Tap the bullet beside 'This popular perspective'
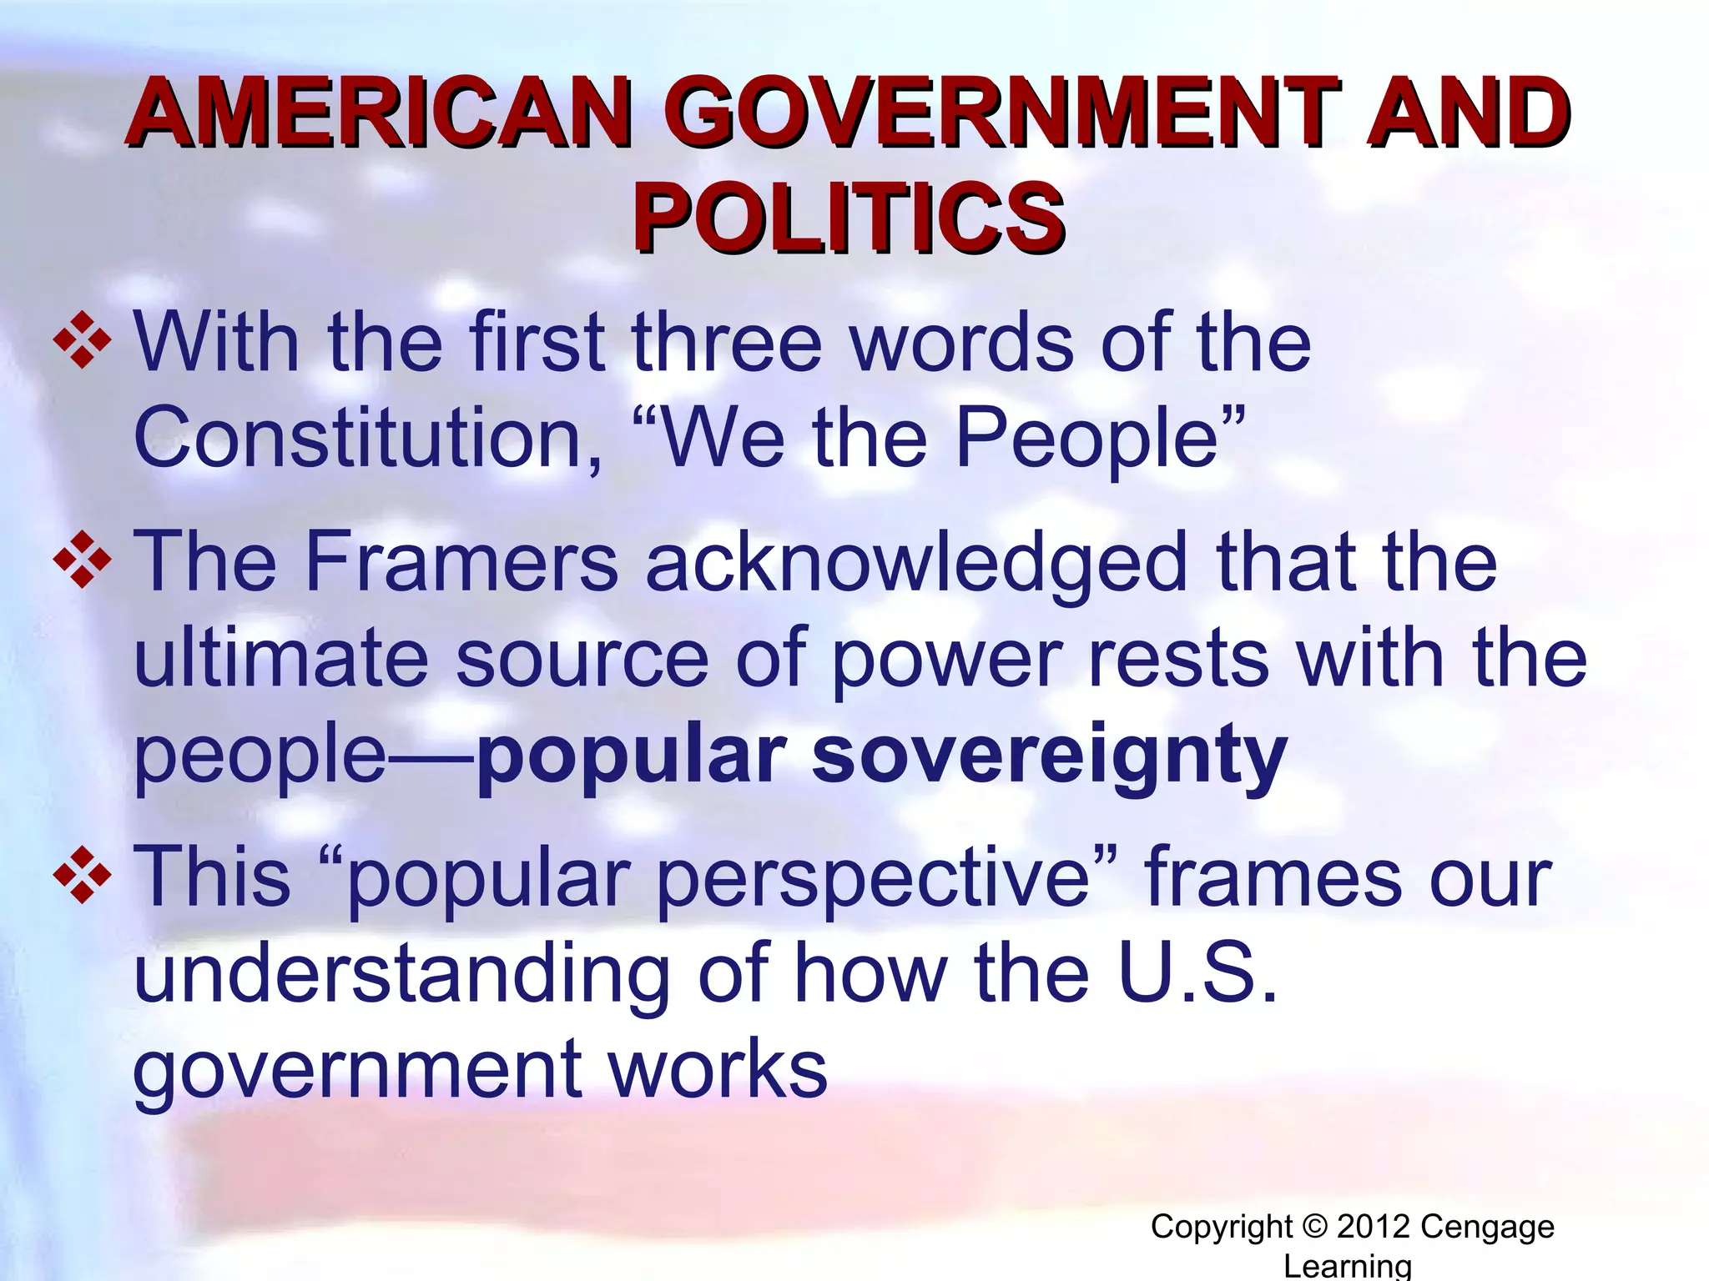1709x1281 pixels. tap(82, 876)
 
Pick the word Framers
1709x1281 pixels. tap(461, 562)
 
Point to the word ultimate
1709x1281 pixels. tap(280, 659)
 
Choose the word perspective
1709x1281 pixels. tap(873, 881)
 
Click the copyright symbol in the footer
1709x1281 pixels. tap(1314, 1227)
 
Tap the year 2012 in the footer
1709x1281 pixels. tap(1374, 1227)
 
